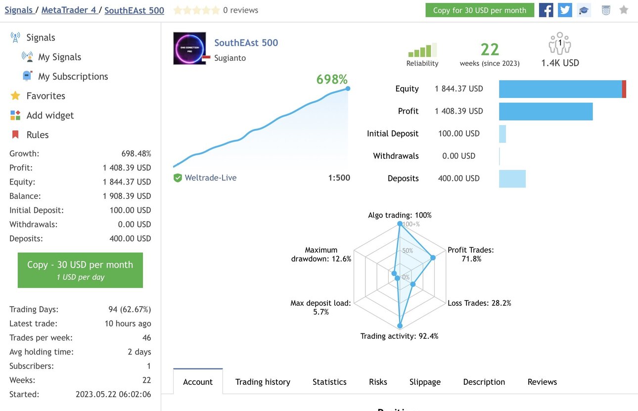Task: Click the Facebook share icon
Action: pyautogui.click(x=546, y=10)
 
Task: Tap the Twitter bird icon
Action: pyautogui.click(x=565, y=10)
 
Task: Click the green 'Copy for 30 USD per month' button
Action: pyautogui.click(x=480, y=10)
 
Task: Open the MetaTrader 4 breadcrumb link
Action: pyautogui.click(x=69, y=10)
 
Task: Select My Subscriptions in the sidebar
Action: pyautogui.click(x=73, y=76)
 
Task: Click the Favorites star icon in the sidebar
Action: pyautogui.click(x=15, y=95)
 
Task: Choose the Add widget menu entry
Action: pyautogui.click(x=50, y=115)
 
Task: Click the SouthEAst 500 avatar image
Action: pyautogui.click(x=189, y=48)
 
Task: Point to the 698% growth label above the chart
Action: pyautogui.click(x=332, y=79)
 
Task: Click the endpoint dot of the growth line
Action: pyautogui.click(x=348, y=89)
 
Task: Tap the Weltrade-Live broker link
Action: pyautogui.click(x=211, y=178)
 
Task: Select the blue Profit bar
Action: pyautogui.click(x=546, y=111)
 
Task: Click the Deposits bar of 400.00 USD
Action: pyautogui.click(x=512, y=179)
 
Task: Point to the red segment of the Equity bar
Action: pyautogui.click(x=624, y=89)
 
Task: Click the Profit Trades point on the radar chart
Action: pyautogui.click(x=433, y=258)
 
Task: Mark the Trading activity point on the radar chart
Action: pyautogui.click(x=400, y=325)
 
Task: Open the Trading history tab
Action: pyautogui.click(x=263, y=382)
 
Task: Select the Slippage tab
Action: pyautogui.click(x=425, y=382)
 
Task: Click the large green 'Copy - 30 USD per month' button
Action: pyautogui.click(x=80, y=270)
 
